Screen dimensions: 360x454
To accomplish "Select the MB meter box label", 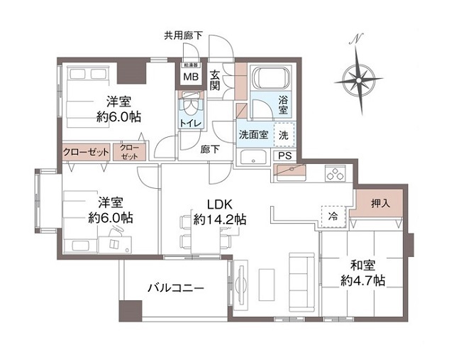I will tap(191, 77).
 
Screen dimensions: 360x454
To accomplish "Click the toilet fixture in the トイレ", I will tap(190, 107).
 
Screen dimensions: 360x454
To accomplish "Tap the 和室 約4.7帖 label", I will tap(362, 273).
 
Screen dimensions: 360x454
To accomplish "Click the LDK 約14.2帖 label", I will tap(221, 211).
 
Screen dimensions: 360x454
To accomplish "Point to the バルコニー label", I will tap(175, 288).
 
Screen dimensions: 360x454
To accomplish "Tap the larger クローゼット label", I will tap(86, 152).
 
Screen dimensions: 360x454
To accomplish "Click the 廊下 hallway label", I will tap(209, 148).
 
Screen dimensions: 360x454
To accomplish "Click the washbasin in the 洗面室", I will tap(253, 158).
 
